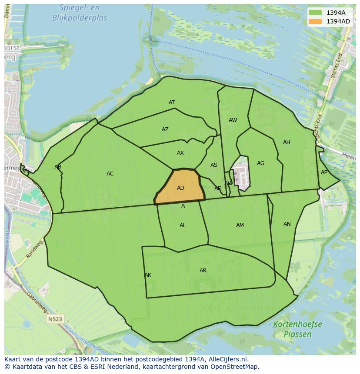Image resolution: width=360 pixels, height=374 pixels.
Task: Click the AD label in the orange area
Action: tap(181, 188)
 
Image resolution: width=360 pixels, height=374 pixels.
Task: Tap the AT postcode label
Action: tap(172, 103)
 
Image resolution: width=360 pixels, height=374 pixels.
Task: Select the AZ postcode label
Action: tap(165, 129)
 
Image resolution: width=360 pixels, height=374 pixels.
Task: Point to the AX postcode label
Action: tap(180, 153)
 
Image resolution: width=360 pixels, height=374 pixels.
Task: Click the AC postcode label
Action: tap(110, 174)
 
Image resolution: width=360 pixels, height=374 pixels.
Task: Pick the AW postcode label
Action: tap(233, 120)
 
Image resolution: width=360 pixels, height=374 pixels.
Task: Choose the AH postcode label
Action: tap(287, 142)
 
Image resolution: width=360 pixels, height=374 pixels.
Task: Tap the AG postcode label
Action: tap(260, 163)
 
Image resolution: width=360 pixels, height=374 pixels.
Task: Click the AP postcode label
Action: tap(324, 172)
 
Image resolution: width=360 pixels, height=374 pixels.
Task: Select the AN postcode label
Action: tap(287, 224)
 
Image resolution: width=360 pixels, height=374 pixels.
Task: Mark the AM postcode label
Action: tap(240, 225)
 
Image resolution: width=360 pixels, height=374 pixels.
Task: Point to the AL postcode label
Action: tap(183, 225)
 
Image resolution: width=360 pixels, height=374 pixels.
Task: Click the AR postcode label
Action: tap(203, 271)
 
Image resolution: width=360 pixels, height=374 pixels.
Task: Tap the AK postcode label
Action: tap(148, 275)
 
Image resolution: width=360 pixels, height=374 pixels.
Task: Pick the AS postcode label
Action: tap(214, 165)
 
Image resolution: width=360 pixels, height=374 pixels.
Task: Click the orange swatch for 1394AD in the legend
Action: tap(316, 21)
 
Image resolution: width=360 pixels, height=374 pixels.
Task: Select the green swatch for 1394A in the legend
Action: tap(316, 13)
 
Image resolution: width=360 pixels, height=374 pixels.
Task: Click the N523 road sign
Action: tap(55, 319)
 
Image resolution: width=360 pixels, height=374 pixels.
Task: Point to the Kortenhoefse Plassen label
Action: tap(298, 329)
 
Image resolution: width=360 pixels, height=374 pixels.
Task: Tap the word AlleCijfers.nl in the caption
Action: tap(227, 359)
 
